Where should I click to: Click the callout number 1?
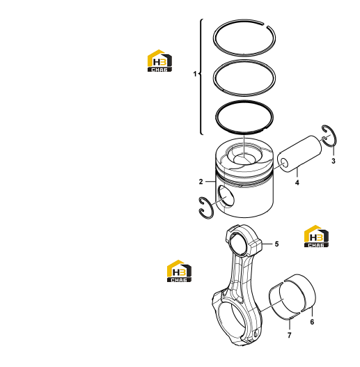pos(195,74)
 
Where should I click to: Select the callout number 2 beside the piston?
pos(201,182)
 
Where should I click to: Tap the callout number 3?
pos(334,161)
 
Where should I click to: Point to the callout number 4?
pos(297,182)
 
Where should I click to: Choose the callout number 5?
pos(276,244)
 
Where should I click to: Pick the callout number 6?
pos(312,322)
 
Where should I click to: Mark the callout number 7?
pos(289,336)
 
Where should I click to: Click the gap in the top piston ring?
pos(266,25)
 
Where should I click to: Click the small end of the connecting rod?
pos(241,243)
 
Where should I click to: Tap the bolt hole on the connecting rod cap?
pos(256,334)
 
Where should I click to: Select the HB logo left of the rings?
pos(159,61)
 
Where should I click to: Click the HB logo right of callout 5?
pos(316,236)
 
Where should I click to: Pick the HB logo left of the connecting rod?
pos(179,271)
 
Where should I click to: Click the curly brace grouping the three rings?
pos(201,77)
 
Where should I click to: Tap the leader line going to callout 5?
pos(267,244)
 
